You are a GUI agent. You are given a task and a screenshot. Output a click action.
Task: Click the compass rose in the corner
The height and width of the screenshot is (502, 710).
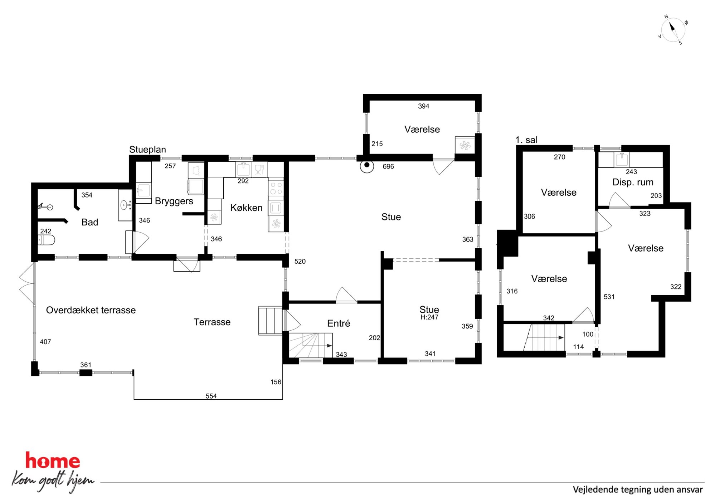673,30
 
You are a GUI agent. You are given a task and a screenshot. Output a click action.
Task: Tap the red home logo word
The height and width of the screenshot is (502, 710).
52,460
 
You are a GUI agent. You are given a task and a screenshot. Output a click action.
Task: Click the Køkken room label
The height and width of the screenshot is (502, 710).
246,208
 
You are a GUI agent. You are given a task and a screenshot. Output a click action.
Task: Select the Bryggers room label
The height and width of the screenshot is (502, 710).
174,201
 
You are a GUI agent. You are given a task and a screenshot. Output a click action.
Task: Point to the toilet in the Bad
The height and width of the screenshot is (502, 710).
46,239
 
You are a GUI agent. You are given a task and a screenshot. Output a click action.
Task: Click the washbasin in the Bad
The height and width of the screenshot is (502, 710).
125,205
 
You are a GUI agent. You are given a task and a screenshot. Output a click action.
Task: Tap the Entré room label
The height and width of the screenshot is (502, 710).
339,323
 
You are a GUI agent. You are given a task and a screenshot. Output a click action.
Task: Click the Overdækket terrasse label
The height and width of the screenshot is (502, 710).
91,310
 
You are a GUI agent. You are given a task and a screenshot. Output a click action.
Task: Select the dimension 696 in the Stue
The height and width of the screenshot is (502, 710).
388,166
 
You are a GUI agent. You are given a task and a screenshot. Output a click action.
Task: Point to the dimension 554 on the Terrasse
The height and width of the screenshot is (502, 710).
211,396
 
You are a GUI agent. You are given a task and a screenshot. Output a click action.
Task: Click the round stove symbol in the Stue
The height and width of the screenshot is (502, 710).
367,166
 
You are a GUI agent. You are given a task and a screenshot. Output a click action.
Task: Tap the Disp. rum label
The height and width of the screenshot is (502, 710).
633,182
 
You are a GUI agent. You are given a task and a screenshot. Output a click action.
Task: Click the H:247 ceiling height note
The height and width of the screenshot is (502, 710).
429,317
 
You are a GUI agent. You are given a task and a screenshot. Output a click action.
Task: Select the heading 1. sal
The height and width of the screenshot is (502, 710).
526,140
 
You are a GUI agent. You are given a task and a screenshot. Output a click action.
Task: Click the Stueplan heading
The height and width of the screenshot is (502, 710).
147,149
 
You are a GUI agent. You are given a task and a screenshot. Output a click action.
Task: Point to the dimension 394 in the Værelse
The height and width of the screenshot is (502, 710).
423,106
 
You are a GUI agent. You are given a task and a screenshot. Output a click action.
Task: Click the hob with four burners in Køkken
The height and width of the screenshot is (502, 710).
276,189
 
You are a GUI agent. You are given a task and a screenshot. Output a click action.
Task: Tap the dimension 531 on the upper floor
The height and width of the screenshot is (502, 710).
609,297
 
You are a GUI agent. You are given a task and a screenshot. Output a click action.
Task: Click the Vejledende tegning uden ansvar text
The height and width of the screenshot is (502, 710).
638,489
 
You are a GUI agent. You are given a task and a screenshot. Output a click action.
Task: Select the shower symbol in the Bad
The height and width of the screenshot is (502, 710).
45,206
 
